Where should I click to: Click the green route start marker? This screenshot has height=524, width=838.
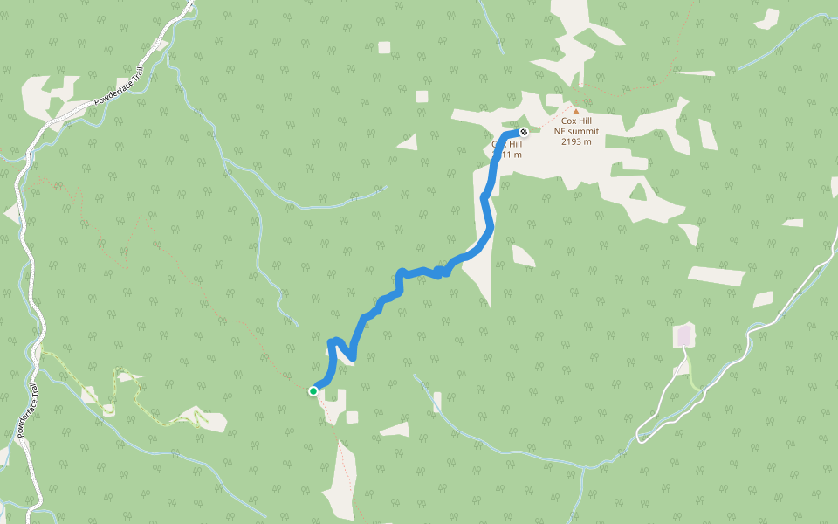[x=313, y=391]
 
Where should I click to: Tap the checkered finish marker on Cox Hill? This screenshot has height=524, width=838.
[x=524, y=133]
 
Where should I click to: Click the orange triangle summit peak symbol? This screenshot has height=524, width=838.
[x=575, y=111]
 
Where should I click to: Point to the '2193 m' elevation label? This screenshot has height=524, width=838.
[x=576, y=141]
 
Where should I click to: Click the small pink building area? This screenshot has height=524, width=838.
[x=684, y=335]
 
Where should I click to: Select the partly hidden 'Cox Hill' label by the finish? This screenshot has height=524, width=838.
[x=505, y=144]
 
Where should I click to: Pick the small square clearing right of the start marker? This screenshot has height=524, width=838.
[x=352, y=417]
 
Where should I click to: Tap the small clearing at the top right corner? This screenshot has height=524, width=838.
[x=766, y=17]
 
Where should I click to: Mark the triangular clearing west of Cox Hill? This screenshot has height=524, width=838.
[x=407, y=141]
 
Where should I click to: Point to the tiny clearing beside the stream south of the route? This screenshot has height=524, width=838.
[x=437, y=402]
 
